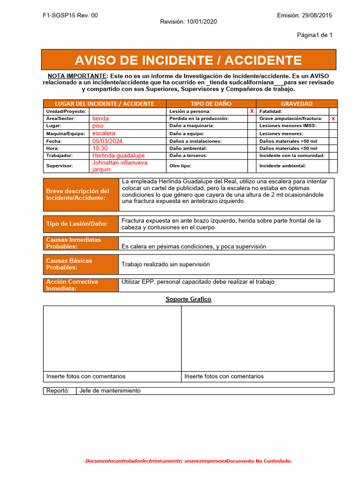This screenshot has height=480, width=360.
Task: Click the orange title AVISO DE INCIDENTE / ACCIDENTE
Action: pos(188,60)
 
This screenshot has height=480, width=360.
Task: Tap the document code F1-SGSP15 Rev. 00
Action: pos(70,15)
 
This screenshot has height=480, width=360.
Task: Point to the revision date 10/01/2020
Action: pos(188,22)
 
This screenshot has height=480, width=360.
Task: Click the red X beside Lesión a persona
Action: pos(252,111)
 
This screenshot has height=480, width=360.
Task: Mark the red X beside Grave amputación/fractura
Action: pos(333,119)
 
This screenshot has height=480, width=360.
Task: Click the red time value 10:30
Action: pos(100,148)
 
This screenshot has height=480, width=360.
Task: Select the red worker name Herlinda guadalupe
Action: pos(119,156)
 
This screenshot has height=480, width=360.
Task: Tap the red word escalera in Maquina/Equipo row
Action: pos(104,133)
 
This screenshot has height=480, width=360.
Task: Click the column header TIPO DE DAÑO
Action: pos(211,104)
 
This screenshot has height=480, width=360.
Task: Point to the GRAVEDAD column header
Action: pos(297,104)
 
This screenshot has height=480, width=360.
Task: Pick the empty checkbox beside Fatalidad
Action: pos(333,111)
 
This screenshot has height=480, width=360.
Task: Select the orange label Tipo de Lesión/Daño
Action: pos(77,224)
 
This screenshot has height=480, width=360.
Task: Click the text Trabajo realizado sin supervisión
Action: pos(165,264)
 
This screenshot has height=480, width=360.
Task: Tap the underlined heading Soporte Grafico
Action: pos(188,299)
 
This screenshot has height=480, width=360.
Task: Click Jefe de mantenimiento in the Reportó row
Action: pos(110,390)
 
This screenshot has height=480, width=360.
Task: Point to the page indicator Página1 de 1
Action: pos(315,35)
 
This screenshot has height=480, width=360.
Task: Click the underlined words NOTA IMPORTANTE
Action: pos(77,76)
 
